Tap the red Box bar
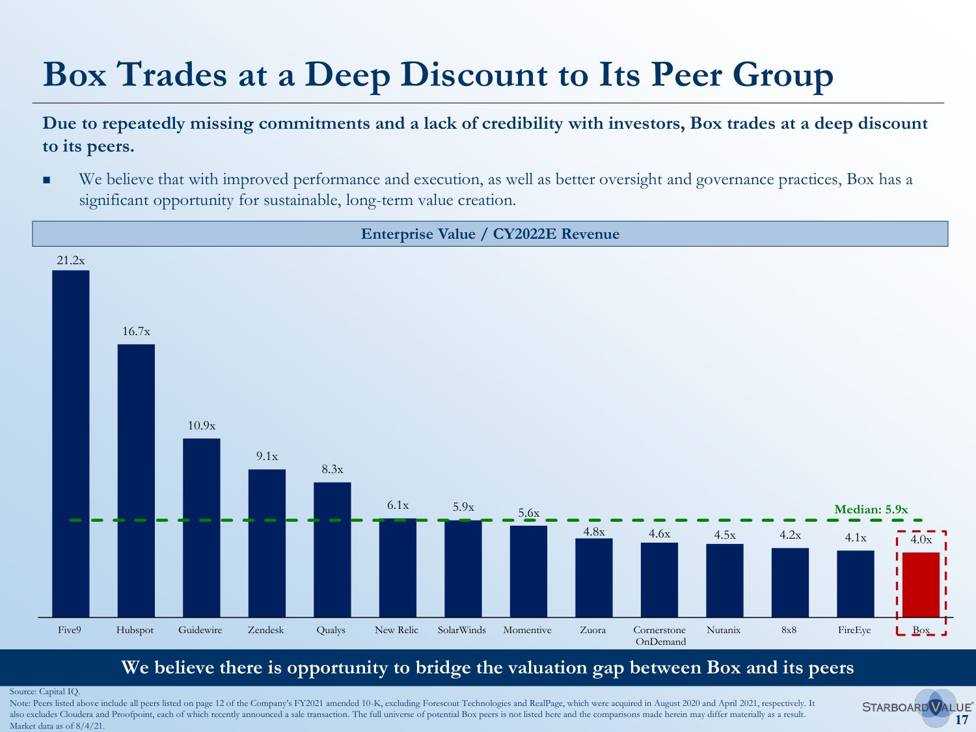point(921,584)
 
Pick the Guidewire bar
point(201,528)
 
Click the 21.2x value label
point(70,260)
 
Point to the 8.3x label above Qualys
point(332,469)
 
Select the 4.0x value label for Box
point(921,539)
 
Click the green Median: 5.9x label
point(871,509)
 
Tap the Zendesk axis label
point(265,630)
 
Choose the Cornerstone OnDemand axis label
point(660,636)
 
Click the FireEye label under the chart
point(854,630)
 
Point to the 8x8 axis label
point(789,630)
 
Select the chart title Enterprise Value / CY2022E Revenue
point(490,234)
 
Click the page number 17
point(962,720)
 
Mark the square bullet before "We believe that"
point(46,180)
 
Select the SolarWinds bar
point(463,569)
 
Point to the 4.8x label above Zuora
point(593,532)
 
